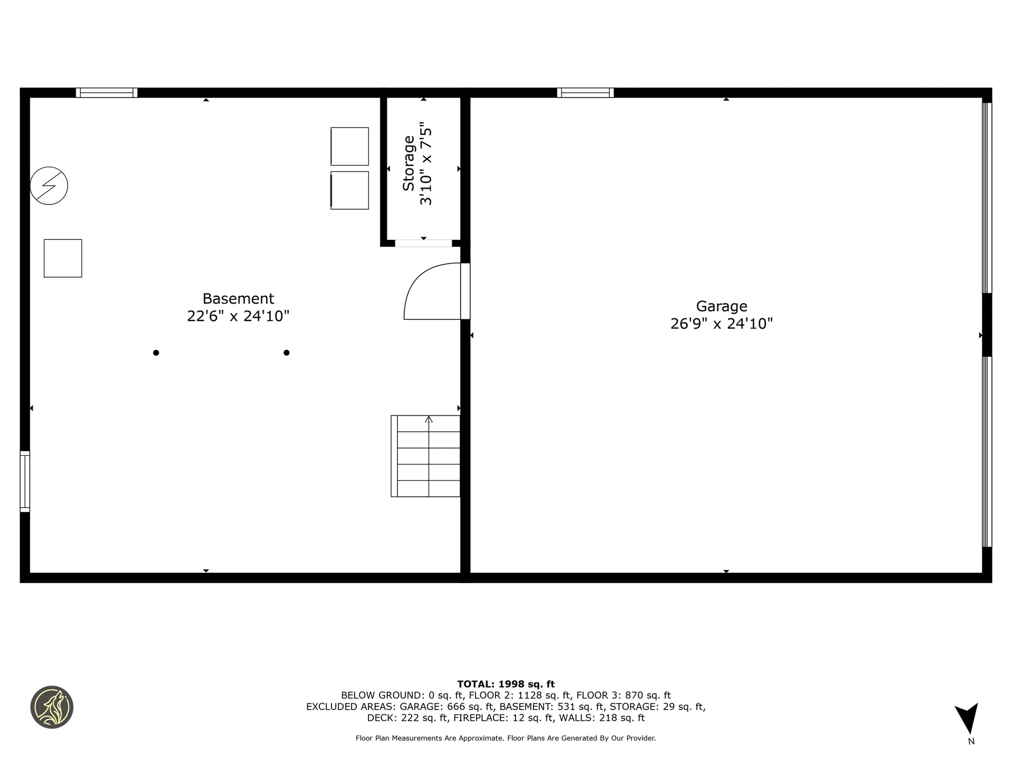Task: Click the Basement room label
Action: [238, 299]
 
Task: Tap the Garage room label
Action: [722, 306]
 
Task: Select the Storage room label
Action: [409, 163]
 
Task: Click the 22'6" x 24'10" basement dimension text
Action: [238, 316]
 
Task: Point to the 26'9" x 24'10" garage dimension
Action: [722, 324]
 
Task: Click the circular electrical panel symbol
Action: [49, 186]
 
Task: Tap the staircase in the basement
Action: [426, 456]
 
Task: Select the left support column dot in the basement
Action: [156, 353]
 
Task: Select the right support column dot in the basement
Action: [287, 353]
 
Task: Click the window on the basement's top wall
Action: [106, 93]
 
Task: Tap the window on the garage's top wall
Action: [585, 93]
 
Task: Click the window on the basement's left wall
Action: [25, 481]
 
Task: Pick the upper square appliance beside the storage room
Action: [349, 146]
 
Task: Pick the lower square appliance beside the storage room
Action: [349, 190]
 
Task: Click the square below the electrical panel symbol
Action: [63, 258]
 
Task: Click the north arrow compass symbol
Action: [968, 718]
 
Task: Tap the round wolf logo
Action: [52, 707]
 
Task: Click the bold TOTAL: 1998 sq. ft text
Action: [505, 684]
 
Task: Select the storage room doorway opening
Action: [423, 243]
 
